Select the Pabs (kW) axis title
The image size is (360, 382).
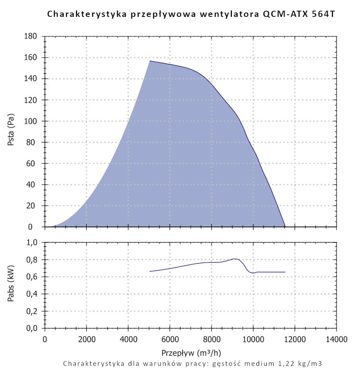[11, 285]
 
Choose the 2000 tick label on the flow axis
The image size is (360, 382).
[86, 339]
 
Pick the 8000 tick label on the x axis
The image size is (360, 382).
[211, 339]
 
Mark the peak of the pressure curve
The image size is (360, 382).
[150, 61]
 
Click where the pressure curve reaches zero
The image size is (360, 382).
[285, 227]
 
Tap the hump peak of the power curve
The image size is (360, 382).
[234, 259]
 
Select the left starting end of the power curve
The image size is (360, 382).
[150, 271]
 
